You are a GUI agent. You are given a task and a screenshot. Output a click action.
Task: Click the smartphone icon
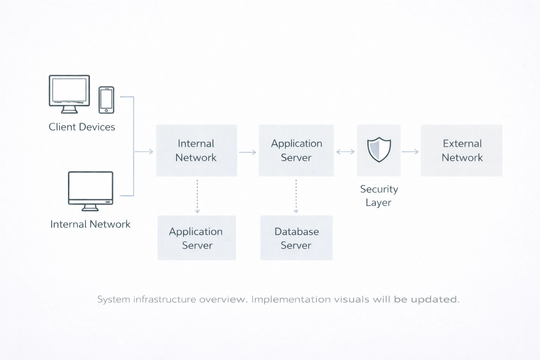[x=106, y=100]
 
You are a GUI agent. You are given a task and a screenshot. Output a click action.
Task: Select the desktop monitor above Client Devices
[x=69, y=94]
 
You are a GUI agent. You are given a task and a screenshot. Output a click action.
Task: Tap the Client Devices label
[x=82, y=127]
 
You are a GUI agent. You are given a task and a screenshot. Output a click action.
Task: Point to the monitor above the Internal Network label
[x=90, y=191]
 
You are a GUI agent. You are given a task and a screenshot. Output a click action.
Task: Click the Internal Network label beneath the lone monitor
[x=90, y=224]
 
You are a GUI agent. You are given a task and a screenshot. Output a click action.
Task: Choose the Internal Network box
[x=196, y=150]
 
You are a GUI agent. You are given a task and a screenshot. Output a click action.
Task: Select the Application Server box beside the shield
[x=296, y=150]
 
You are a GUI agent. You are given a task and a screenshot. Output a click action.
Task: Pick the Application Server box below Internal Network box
[x=197, y=238]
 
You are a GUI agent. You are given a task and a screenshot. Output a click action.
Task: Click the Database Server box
[x=296, y=238]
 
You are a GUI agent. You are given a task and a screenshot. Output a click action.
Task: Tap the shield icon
[x=379, y=149]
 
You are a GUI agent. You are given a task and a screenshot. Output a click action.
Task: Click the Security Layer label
[x=379, y=195]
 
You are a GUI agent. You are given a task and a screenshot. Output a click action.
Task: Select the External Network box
[x=462, y=150]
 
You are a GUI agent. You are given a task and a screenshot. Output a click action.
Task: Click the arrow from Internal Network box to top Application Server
[x=248, y=152]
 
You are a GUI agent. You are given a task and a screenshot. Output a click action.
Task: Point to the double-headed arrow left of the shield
[x=345, y=152]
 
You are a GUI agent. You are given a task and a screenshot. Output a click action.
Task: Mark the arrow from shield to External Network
[x=410, y=152]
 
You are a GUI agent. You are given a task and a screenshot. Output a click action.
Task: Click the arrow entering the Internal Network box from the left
[x=144, y=152]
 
